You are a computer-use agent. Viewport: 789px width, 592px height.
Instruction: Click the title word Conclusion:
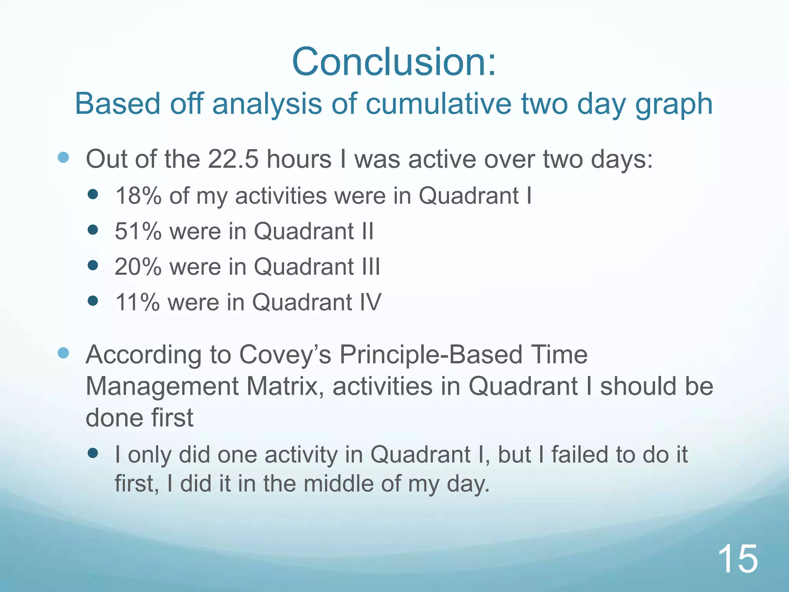[x=394, y=62]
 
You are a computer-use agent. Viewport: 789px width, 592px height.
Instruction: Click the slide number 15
[x=738, y=559]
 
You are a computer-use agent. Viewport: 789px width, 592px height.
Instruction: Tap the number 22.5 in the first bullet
[x=233, y=159]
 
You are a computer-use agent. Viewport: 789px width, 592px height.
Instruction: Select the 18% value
[x=138, y=196]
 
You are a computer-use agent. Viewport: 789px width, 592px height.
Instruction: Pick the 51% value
[x=138, y=231]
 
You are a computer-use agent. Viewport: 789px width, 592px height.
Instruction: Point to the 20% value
[x=138, y=267]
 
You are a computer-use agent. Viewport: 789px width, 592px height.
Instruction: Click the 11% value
[x=137, y=302]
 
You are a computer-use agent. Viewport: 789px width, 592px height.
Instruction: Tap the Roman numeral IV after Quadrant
[x=370, y=302]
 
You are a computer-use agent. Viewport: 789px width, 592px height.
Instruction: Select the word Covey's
[x=285, y=355]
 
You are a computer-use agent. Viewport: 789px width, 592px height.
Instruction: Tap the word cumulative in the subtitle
[x=439, y=104]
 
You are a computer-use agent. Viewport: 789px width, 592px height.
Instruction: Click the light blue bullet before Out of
[x=63, y=157]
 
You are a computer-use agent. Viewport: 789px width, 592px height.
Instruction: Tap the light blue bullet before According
[x=63, y=353]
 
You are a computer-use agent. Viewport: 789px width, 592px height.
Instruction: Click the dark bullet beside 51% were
[x=93, y=230]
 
